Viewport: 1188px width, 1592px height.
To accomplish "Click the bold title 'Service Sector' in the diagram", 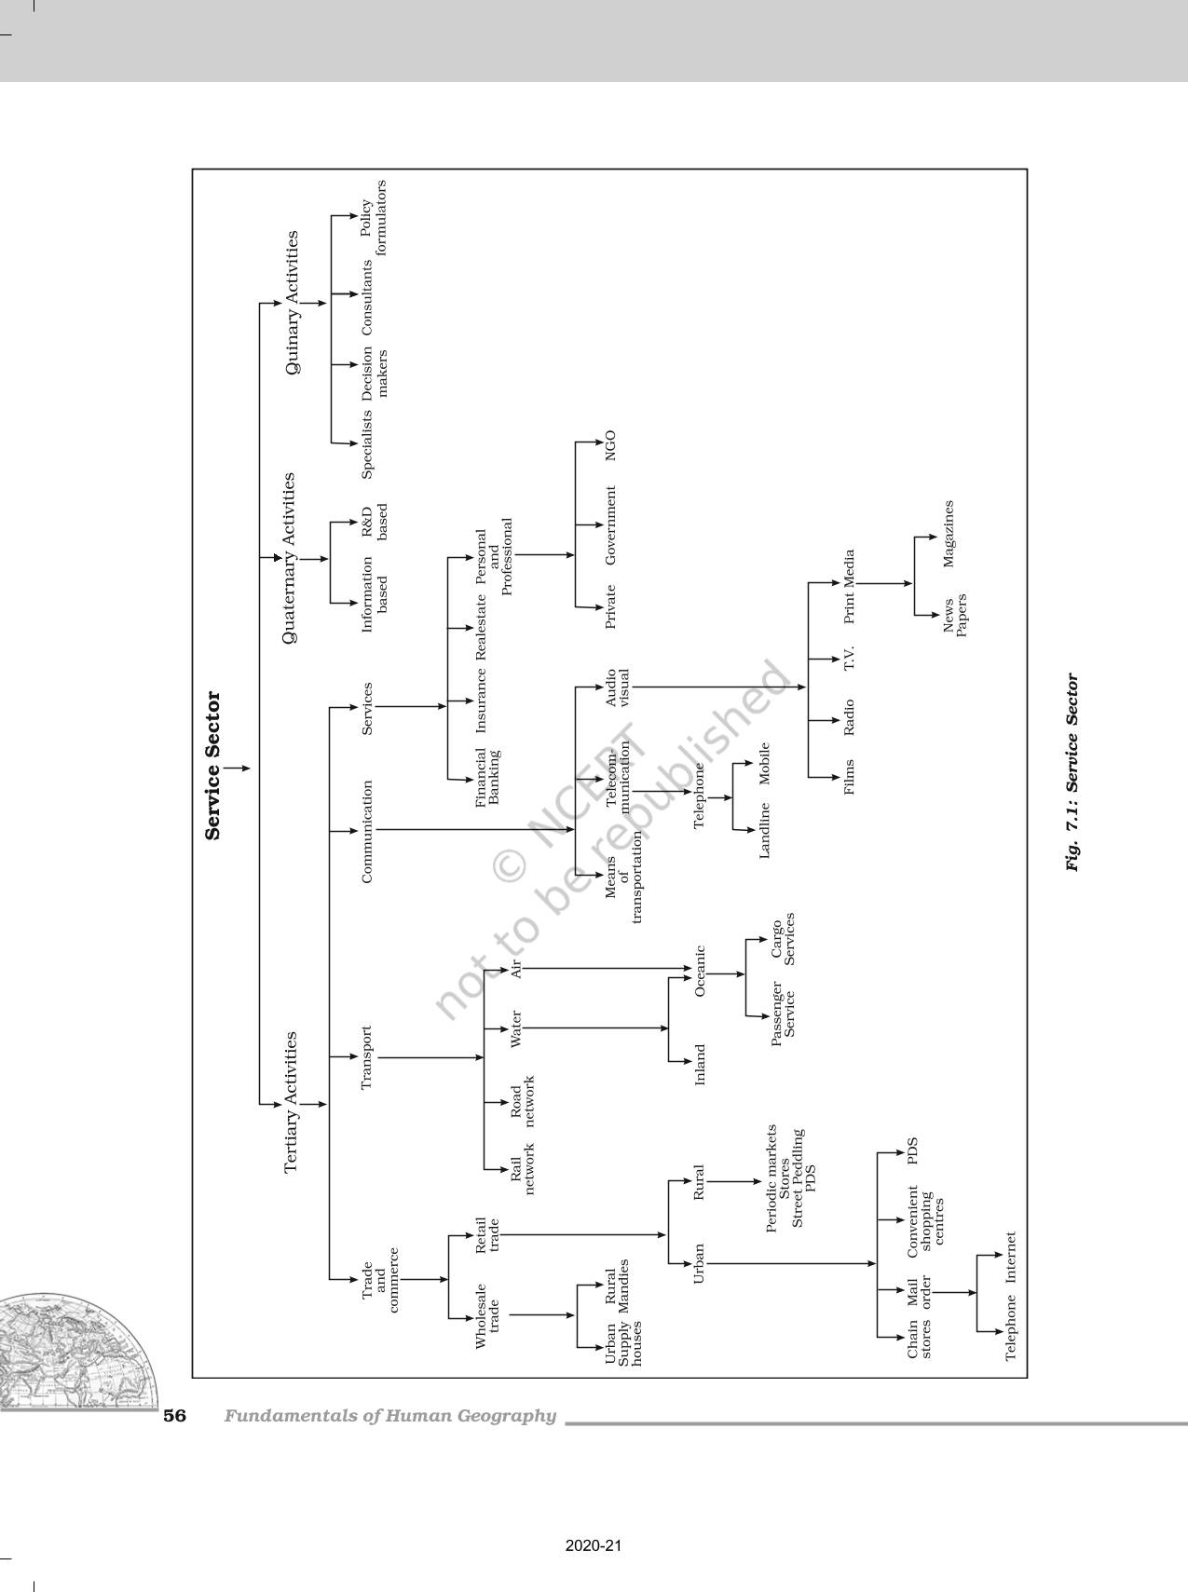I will point(213,765).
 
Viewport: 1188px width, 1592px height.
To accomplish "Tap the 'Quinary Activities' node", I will point(293,303).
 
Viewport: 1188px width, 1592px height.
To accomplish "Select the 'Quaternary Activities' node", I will point(289,558).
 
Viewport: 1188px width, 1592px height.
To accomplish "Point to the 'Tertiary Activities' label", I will point(291,1101).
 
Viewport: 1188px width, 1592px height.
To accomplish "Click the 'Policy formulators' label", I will point(373,217).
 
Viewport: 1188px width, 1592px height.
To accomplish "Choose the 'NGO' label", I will point(609,445).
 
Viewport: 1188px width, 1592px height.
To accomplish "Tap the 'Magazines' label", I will point(949,534).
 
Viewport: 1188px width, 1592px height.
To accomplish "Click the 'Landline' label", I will point(765,829).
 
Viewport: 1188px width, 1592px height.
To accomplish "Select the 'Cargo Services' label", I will point(782,939).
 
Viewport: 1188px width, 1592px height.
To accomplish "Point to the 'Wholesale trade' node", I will point(487,1316).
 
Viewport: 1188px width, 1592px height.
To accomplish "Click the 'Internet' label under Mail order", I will point(1010,1257).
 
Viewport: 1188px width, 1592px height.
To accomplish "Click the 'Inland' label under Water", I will point(700,1064).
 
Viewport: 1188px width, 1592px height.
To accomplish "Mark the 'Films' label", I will point(848,776).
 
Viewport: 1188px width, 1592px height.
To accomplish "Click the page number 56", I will point(175,1416).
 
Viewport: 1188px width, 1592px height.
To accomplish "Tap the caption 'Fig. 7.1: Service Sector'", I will point(1072,772).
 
